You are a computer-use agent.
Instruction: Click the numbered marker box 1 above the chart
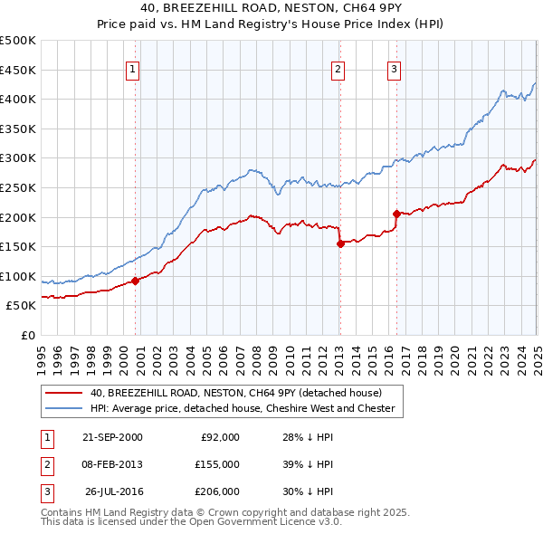(x=132, y=69)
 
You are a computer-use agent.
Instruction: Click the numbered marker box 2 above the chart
(x=338, y=69)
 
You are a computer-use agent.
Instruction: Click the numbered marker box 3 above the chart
(x=395, y=69)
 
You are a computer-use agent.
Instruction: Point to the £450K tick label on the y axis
(x=18, y=70)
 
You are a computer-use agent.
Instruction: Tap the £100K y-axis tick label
(x=18, y=276)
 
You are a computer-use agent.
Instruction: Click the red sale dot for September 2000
(x=135, y=281)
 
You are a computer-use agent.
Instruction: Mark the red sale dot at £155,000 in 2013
(x=340, y=243)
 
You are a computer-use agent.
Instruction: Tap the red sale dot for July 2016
(x=397, y=214)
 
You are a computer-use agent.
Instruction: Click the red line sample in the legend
(x=63, y=393)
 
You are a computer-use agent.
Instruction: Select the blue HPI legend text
(x=243, y=408)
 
